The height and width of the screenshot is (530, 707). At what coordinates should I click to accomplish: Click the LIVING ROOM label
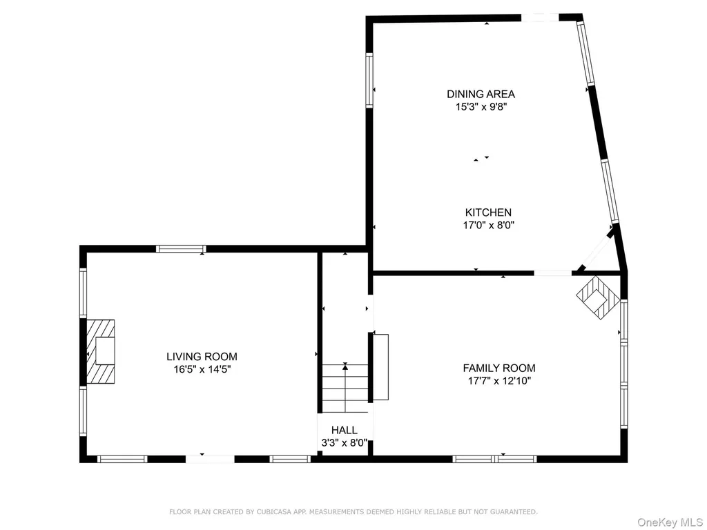[x=202, y=357]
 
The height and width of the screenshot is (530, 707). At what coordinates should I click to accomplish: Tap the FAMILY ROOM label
[x=499, y=369]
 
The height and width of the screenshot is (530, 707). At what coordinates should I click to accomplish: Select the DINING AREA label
[x=481, y=94]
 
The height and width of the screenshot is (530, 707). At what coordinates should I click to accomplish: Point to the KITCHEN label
[x=488, y=213]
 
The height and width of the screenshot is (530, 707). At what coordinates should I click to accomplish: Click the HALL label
[x=345, y=430]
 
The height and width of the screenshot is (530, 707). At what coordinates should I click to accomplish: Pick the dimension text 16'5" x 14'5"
[x=202, y=370]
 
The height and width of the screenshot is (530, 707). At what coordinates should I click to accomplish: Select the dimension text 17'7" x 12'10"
[x=500, y=381]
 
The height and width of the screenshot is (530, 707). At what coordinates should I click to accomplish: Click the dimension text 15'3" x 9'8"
[x=481, y=107]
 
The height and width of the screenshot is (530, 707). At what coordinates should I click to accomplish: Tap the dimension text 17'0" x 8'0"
[x=489, y=225]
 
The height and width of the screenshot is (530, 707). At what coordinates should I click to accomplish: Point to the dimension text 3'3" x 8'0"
[x=345, y=443]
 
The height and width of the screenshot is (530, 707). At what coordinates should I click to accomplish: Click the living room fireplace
[x=100, y=351]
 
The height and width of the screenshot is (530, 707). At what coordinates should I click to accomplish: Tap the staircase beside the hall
[x=345, y=389]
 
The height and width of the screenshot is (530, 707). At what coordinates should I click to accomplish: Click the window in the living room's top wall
[x=181, y=248]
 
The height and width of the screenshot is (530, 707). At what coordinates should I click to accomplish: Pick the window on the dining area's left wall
[x=369, y=80]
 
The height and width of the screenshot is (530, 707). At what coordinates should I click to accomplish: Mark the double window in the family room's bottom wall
[x=494, y=459]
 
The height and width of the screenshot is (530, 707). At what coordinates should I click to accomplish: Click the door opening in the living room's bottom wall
[x=210, y=459]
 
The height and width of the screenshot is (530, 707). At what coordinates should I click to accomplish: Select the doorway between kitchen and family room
[x=553, y=273]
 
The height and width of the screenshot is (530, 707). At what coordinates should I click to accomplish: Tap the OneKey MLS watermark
[x=670, y=522]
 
